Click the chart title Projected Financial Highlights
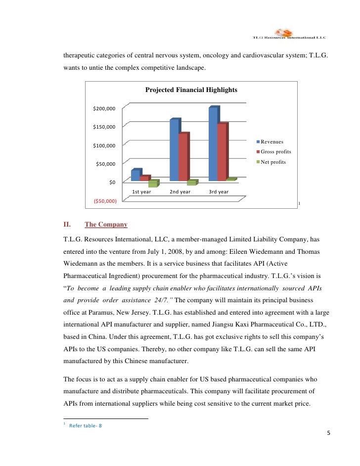click(191, 90)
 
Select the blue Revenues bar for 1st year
click(135, 176)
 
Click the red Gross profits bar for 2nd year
click(183, 157)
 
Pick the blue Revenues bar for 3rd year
click(213, 144)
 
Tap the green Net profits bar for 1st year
click(153, 184)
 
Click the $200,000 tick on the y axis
click(104, 108)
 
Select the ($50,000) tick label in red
click(105, 201)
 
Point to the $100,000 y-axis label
click(104, 145)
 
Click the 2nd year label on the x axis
click(180, 192)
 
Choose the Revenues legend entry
click(271, 142)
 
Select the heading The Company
click(106, 225)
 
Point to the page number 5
click(329, 434)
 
